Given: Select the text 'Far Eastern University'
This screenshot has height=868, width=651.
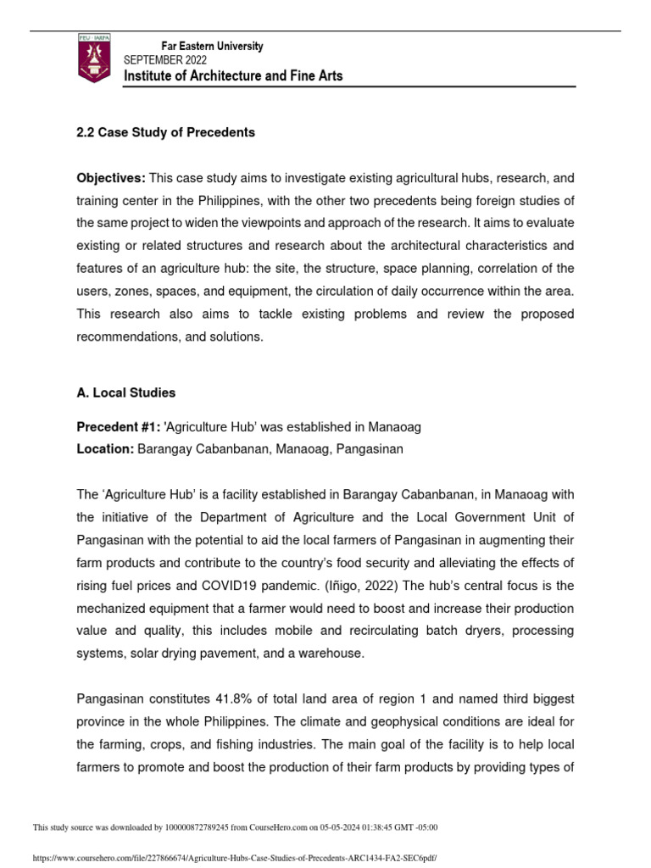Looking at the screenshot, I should pos(212,47).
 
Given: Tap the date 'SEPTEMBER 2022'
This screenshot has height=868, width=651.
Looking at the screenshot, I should pos(170,60).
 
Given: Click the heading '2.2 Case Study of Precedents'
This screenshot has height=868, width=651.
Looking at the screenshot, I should pos(165,133).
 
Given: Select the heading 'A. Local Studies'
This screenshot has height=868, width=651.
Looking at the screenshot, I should pos(126,392).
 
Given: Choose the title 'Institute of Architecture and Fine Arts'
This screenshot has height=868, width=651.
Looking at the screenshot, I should pos(233,76).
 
